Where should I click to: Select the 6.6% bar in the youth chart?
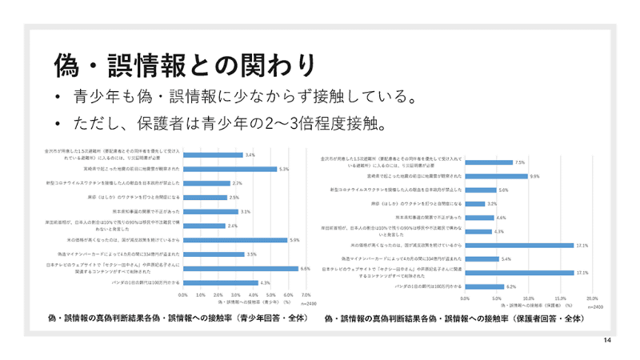tap(240, 269)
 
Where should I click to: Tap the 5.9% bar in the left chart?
tap(234, 240)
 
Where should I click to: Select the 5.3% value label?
tap(283, 169)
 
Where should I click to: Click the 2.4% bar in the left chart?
tap(203, 226)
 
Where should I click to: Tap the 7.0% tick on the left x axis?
tap(306, 294)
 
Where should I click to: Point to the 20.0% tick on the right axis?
tap(592, 298)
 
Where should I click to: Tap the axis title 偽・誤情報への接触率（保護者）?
tap(528, 305)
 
